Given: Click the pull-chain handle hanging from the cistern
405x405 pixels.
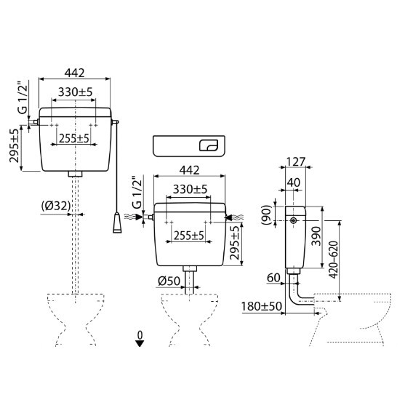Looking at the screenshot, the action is coord(117,222).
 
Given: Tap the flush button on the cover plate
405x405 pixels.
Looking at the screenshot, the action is coord(209,145).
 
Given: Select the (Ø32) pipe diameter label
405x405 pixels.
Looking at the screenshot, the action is coord(56,206).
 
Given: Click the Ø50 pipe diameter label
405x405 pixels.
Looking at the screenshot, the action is coord(169,281).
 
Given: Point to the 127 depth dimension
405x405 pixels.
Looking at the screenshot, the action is coord(296,162).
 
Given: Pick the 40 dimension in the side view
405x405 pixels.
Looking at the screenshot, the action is coord(294,183).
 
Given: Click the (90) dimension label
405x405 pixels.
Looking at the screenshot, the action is coord(266,215).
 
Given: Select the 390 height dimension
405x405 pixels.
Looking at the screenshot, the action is coord(316,236).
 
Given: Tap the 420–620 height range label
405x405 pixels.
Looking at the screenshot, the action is coord(333,260).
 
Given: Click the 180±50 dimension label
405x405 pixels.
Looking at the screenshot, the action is coord(261,306).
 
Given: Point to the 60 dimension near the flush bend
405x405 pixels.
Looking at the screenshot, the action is coord(273,278).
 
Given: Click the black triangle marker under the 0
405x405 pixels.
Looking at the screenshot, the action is coord(140,343).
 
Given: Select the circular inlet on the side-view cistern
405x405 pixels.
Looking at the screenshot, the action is coord(293,220).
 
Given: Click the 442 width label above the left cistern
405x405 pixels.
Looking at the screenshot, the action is coord(74,73).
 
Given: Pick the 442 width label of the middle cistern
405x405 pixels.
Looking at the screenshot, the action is coord(189,170).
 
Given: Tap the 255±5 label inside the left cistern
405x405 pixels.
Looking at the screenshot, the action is coord(74,138).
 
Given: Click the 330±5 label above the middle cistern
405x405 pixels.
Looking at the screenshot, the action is coord(190,189).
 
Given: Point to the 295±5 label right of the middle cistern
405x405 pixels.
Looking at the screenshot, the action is coord(235,243).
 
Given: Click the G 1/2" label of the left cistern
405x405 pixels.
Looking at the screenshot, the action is coord(23,97).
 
